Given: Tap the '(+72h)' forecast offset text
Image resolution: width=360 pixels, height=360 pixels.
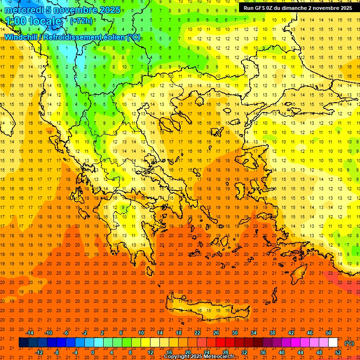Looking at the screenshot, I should coord(81,21).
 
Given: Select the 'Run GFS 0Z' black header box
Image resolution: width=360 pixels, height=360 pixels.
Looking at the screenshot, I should coord(298,8).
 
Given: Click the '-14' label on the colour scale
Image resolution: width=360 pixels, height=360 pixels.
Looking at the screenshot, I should coord(30,333).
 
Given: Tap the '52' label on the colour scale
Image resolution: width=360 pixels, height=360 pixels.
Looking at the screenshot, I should coord(338,352).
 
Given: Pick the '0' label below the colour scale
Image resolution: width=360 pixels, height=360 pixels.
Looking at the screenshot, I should coord(93,352).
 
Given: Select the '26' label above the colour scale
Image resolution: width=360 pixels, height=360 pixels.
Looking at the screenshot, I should coord(216,333).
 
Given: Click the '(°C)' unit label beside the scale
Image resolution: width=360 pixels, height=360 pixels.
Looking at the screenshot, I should coord(349,343).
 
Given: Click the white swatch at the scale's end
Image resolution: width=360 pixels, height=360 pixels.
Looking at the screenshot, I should coord(333,343).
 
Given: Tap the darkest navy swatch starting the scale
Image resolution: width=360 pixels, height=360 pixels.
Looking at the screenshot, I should coord(23,343).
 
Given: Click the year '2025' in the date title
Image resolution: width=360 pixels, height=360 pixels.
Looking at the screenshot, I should coord(109,10).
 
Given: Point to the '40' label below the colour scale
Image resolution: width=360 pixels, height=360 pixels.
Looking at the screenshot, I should coord(281,352).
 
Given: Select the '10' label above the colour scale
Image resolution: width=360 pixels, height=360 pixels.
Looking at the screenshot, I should coord(141,333).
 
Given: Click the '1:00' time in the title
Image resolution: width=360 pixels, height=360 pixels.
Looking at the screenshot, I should coord(15,21).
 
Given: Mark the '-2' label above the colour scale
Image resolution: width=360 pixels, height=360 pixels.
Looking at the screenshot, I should coord(85,333).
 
